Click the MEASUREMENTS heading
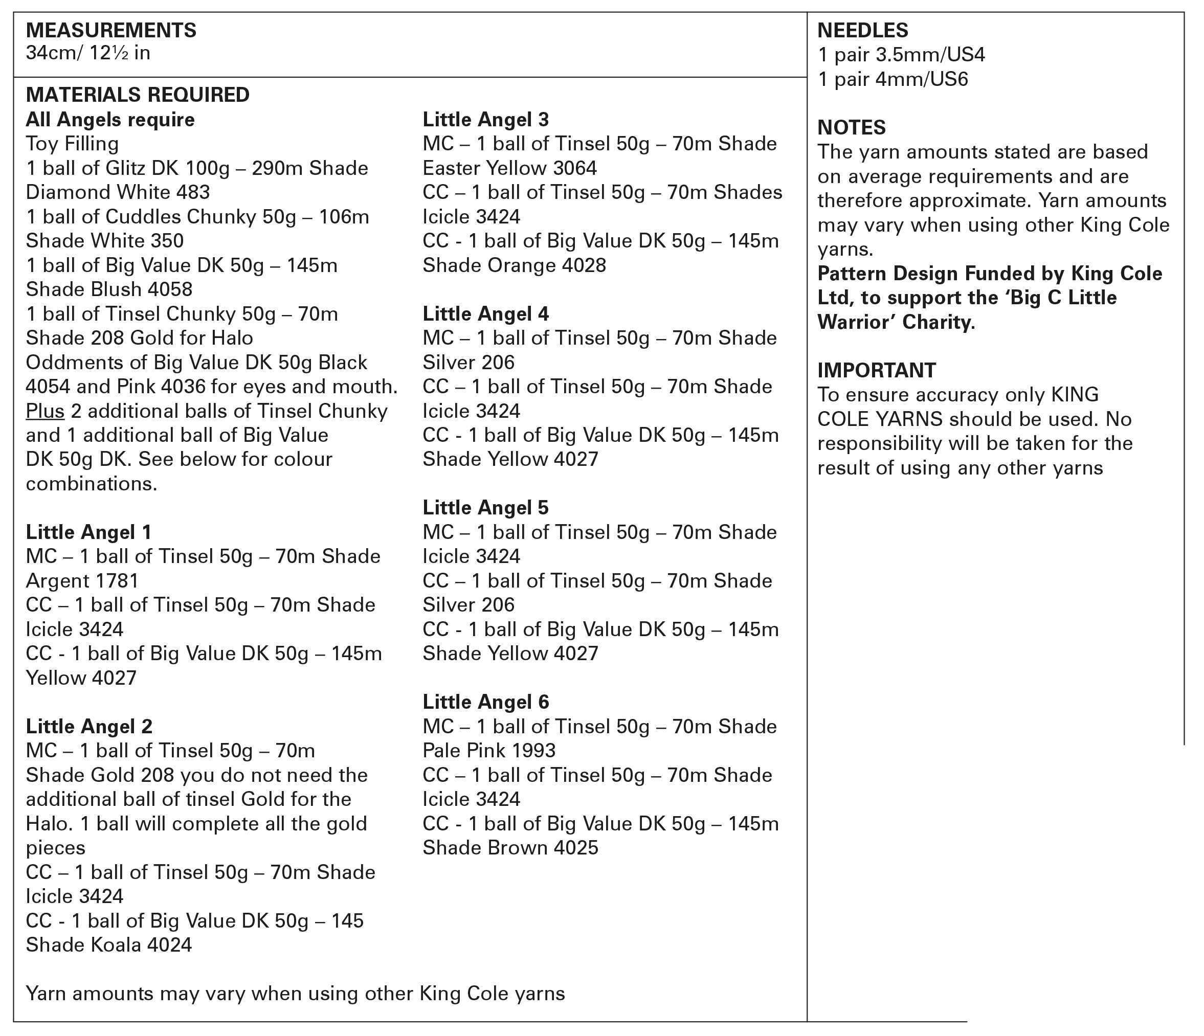(111, 30)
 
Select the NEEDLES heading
(862, 30)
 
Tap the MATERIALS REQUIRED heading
(138, 95)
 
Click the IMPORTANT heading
(876, 370)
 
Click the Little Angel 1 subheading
(88, 532)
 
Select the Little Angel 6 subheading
(485, 702)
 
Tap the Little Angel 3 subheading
(485, 120)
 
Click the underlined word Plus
(44, 411)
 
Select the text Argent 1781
(82, 580)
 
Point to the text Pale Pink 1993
(488, 751)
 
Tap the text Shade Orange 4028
(514, 265)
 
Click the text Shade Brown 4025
(509, 848)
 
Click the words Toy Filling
(72, 144)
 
